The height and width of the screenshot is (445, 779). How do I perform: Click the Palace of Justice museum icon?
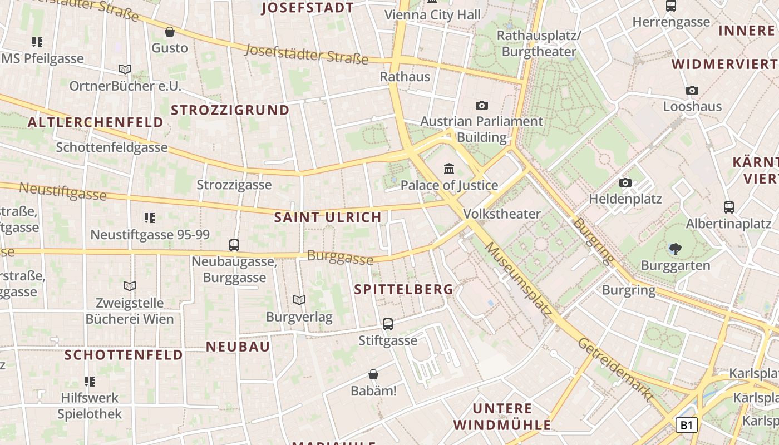click(x=449, y=168)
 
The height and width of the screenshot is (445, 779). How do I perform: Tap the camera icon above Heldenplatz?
click(x=625, y=182)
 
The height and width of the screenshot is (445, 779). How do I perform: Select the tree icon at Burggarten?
click(x=676, y=249)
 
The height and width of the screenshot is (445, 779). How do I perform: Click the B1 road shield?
click(x=687, y=426)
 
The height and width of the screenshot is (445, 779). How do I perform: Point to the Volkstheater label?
click(x=501, y=214)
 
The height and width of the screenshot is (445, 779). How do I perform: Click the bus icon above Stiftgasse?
click(x=388, y=324)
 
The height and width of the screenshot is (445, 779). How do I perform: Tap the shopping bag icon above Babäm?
click(x=373, y=375)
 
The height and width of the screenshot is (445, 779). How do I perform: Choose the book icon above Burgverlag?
click(x=299, y=300)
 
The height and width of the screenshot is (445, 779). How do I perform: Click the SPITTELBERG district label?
click(x=403, y=289)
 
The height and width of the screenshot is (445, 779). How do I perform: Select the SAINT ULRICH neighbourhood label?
click(x=328, y=217)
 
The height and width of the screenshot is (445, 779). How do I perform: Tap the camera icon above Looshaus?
click(x=692, y=90)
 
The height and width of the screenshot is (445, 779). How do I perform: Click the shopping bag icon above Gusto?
click(x=170, y=32)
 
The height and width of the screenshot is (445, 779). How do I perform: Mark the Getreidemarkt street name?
click(x=615, y=369)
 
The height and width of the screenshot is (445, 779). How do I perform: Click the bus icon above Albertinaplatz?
click(x=729, y=207)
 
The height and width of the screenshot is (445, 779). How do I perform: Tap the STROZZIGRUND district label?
click(x=230, y=110)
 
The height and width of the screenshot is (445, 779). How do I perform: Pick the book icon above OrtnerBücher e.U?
click(x=125, y=70)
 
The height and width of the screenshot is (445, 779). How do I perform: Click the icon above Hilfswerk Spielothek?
click(x=90, y=382)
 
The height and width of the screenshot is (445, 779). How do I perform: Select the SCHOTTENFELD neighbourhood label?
click(x=124, y=355)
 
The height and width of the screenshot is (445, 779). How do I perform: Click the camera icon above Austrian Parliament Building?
click(x=482, y=105)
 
